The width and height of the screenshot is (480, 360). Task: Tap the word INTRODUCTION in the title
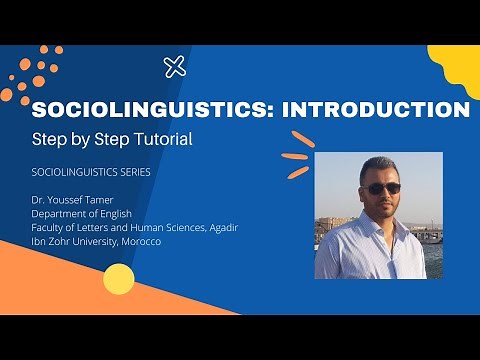377,109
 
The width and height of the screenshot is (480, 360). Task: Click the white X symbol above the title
175,67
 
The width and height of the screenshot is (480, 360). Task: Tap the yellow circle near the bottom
118,277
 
